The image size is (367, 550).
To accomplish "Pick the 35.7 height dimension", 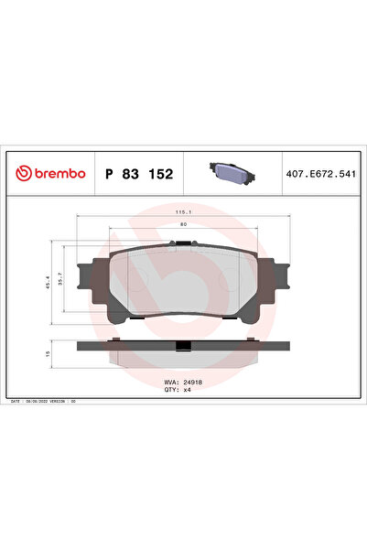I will pos(61,285).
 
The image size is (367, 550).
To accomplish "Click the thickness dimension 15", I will pos(49,352).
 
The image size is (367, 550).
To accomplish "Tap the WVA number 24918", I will pos(190,380).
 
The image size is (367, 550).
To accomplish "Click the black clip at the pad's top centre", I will pos(183,243).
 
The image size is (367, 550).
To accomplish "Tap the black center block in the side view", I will pos(184,345).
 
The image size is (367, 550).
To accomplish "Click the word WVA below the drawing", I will pos(169,380).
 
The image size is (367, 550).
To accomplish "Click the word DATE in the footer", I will pos(16,402).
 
